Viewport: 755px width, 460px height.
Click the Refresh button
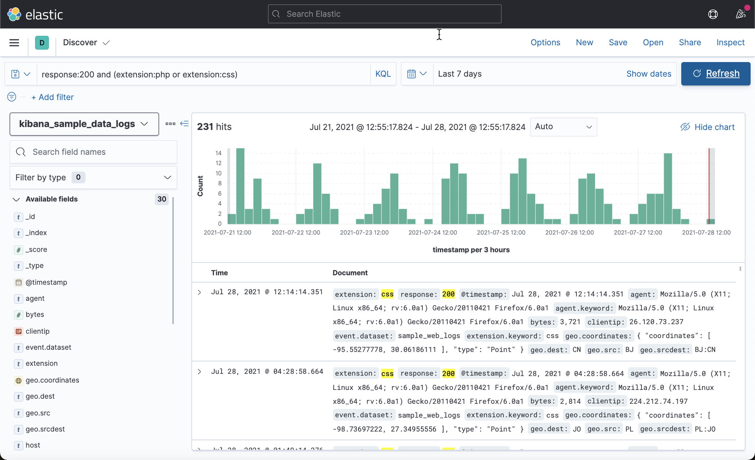(716, 74)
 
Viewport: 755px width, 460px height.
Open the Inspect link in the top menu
(730, 42)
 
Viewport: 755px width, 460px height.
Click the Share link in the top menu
(690, 42)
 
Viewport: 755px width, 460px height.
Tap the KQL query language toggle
(383, 74)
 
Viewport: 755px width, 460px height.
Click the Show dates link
(649, 74)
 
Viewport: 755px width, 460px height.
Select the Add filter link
(53, 97)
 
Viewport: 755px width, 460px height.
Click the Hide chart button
(708, 127)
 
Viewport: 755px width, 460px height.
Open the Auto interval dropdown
(563, 127)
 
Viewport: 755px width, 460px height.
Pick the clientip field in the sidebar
(37, 331)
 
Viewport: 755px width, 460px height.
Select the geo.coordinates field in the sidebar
(52, 380)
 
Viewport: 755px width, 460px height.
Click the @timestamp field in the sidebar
(46, 282)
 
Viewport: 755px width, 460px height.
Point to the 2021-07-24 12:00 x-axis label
(433, 233)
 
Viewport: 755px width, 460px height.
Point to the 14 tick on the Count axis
(218, 153)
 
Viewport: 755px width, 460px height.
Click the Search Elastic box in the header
(384, 14)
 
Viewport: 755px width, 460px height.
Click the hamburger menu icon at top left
(14, 43)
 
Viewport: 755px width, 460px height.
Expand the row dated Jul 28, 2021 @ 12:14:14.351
(199, 292)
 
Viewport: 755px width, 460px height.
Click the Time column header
(219, 273)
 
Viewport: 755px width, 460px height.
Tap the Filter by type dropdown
(93, 177)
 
